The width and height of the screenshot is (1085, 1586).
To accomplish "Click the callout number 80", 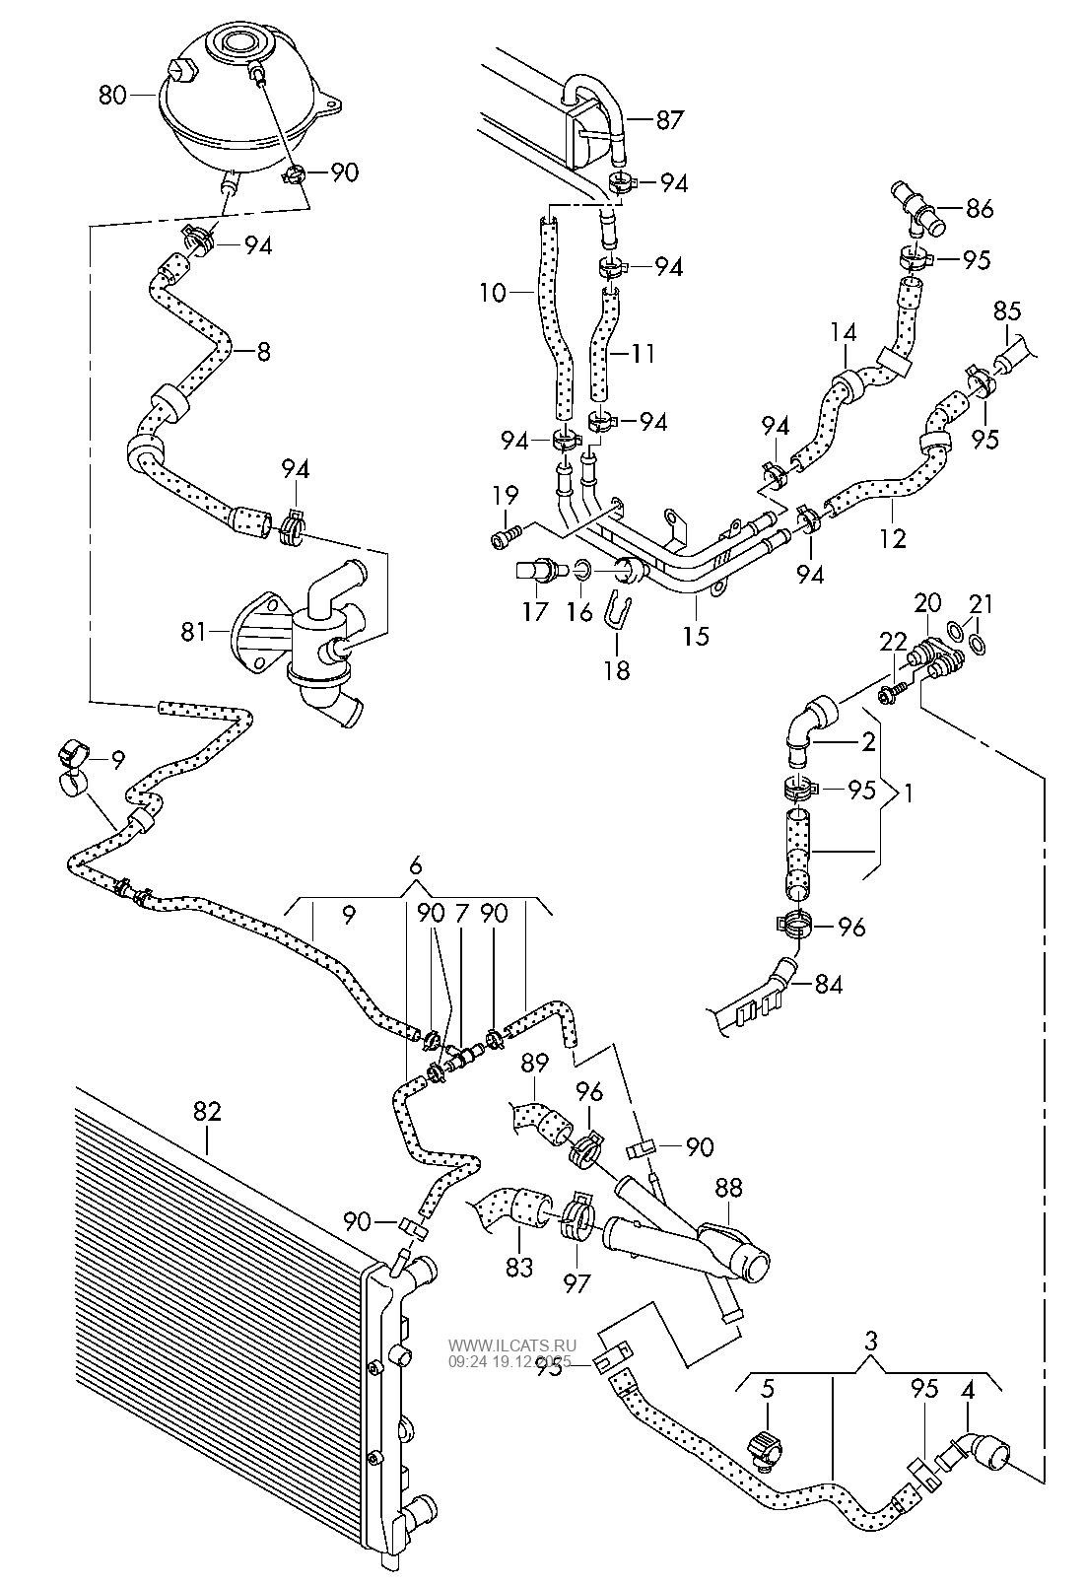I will click(112, 96).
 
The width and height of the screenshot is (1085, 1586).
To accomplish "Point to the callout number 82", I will click(206, 1111).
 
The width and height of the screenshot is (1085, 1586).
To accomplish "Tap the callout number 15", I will click(696, 635).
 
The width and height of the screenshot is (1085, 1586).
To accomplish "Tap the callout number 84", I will click(829, 983).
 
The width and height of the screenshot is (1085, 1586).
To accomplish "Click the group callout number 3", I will click(870, 1340).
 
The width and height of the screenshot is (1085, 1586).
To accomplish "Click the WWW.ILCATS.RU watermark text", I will click(512, 1345).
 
